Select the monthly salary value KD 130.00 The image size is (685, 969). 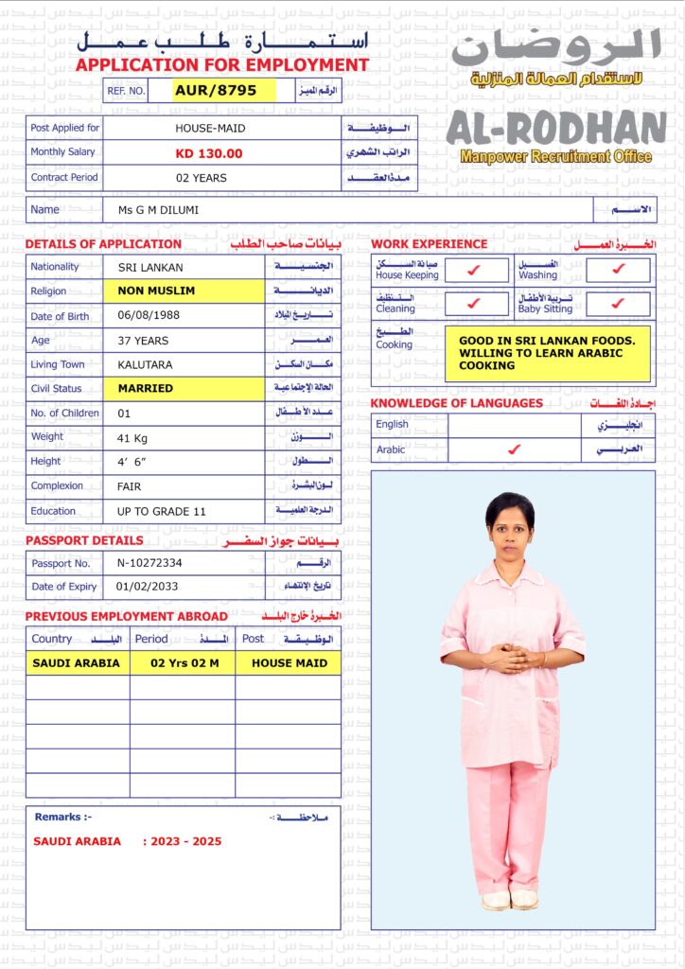[209, 153]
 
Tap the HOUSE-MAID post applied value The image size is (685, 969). [209, 128]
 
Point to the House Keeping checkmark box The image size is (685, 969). [476, 270]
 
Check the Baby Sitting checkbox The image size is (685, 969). [618, 304]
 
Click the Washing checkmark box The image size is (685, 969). [618, 270]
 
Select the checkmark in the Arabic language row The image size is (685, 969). [514, 449]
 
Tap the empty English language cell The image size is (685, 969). [514, 425]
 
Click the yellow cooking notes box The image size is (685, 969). [547, 353]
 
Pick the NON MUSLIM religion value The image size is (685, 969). [157, 291]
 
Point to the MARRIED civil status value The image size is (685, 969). [146, 388]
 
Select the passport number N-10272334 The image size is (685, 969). [149, 563]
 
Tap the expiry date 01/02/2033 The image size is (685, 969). [147, 587]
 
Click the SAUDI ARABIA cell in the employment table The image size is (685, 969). [77, 663]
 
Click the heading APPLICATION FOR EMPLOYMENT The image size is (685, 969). [222, 65]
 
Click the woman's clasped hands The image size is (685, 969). [512, 657]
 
